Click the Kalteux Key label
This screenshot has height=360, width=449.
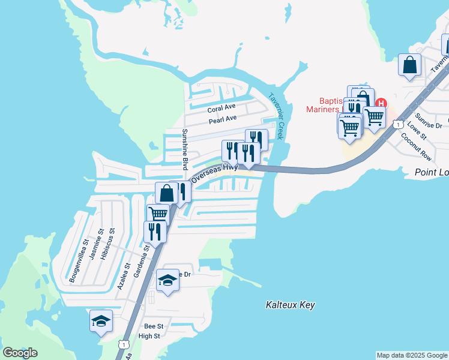(290, 305)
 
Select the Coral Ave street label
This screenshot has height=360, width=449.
(221, 109)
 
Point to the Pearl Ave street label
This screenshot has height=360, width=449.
(223, 121)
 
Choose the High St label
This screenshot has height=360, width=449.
(149, 336)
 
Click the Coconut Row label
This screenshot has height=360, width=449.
(417, 146)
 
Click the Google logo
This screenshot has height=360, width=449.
(20, 353)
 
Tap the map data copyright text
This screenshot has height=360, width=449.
(412, 355)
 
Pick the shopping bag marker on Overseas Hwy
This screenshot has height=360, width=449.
(166, 193)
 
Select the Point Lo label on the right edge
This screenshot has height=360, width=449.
(432, 173)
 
